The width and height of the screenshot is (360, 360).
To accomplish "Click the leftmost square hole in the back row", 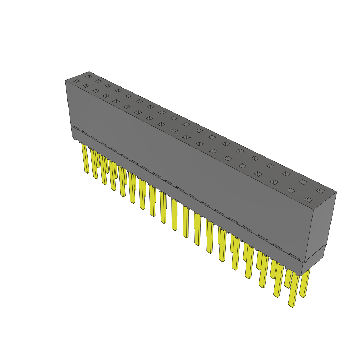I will coord(89,76).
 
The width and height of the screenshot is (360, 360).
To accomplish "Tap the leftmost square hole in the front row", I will coord(76,81).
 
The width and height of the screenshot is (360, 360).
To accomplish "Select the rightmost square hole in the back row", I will coord(320,191).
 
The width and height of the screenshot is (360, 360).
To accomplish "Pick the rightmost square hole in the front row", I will coord(308,200).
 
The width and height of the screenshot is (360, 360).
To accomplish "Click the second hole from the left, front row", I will coord(86,86).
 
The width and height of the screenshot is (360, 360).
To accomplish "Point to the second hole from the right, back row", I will coord(303,182).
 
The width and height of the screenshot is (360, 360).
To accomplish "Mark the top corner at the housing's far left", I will coord(65,81).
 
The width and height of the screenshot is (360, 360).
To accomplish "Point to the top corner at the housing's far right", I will coord(336,192).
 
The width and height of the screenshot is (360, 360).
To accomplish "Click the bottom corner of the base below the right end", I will coord(302,275).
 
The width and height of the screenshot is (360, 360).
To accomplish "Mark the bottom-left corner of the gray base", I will coord(72,137).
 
